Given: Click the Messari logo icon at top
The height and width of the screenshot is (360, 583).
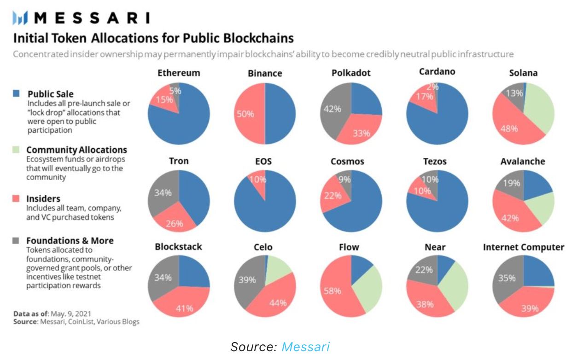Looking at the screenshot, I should click(x=21, y=18).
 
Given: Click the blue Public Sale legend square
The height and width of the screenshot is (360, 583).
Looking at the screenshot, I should click(x=17, y=93).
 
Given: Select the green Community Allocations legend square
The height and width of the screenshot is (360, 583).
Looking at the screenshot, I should click(x=17, y=150).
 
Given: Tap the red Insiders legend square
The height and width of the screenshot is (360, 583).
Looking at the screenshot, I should click(x=17, y=198).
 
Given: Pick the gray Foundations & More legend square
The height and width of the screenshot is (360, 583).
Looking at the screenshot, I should click(x=17, y=240).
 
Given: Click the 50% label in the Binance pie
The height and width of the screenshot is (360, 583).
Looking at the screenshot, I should click(x=245, y=114).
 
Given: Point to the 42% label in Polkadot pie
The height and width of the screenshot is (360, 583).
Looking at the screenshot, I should click(x=332, y=109).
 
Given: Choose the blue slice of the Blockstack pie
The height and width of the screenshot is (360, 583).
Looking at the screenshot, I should click(x=193, y=272).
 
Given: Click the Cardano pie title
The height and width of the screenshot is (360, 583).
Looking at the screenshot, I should click(x=437, y=72).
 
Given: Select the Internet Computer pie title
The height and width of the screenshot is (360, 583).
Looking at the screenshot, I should click(x=523, y=247).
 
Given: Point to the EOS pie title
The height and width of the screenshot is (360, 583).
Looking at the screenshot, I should click(x=264, y=162).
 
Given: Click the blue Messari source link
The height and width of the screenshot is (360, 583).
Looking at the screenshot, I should click(x=305, y=347).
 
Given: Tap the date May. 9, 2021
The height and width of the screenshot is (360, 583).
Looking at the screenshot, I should click(x=68, y=314).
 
